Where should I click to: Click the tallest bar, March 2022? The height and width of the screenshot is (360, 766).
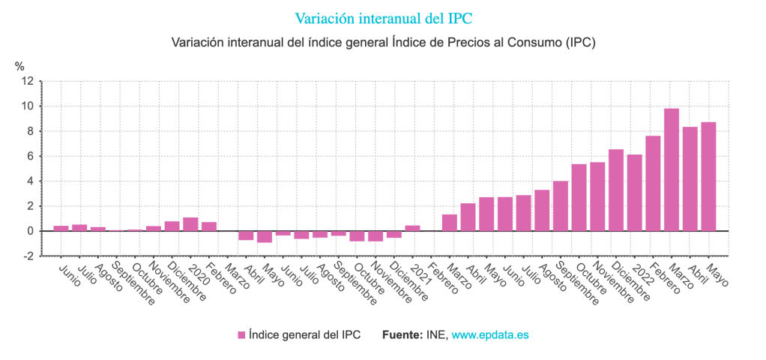point(671,169)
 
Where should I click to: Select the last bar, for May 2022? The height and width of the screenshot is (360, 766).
point(708,176)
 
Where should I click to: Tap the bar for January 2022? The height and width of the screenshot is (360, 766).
point(634,193)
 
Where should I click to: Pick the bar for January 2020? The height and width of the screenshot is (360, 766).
point(190,224)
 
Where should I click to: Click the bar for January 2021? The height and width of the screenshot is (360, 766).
point(412,228)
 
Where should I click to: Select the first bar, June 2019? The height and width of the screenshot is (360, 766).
point(61,228)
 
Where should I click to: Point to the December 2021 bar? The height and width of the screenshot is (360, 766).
point(615,190)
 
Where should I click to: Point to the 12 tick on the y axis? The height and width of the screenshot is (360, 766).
point(27,81)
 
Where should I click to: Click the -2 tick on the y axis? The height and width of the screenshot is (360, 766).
point(28,256)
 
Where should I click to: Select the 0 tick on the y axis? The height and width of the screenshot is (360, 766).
point(30,231)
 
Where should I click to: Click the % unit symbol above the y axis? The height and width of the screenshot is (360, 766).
point(19,66)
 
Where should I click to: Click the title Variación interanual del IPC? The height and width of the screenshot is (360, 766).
point(383,17)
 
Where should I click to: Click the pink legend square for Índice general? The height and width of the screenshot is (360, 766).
point(241,335)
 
